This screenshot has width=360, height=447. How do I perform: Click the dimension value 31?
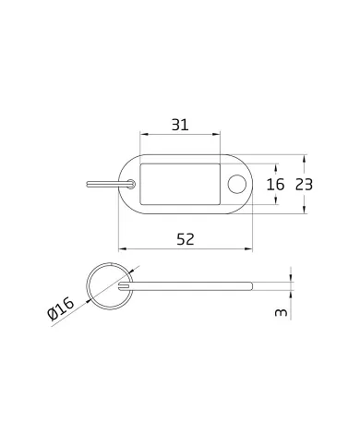pyautogui.click(x=180, y=125)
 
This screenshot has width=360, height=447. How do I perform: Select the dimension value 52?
pyautogui.click(x=186, y=239)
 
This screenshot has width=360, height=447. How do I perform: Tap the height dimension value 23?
pyautogui.click(x=304, y=185)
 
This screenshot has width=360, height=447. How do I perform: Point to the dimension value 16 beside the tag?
pyautogui.click(x=275, y=185)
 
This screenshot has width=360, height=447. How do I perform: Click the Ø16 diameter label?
pyautogui.click(x=61, y=308)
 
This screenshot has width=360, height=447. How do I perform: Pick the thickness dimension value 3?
pyautogui.click(x=281, y=313)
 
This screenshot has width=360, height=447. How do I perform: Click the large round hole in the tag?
pyautogui.click(x=237, y=184)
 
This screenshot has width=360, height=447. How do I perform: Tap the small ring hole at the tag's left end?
pyautogui.click(x=131, y=184)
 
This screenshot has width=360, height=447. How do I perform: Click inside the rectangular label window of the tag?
pyautogui.click(x=180, y=184)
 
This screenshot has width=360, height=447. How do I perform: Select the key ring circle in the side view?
pyautogui.click(x=87, y=286)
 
